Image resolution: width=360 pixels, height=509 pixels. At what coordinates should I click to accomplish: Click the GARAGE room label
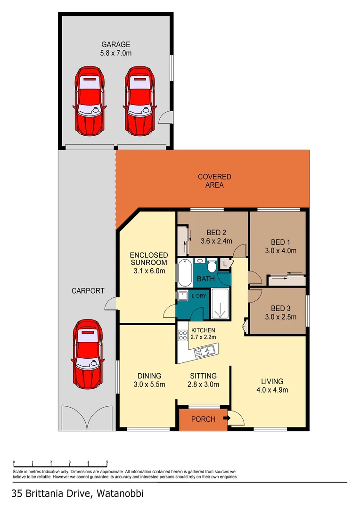point(115,44)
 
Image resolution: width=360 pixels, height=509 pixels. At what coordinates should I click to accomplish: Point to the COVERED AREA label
point(214,177)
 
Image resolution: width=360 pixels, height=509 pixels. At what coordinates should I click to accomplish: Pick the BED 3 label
point(278,307)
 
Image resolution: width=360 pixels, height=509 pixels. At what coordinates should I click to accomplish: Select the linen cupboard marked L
point(225,264)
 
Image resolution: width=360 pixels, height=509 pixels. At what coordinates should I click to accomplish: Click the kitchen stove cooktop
point(183,336)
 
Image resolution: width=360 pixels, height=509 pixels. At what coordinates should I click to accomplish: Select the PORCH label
point(203,419)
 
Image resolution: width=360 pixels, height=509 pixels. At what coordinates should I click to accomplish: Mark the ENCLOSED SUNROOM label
point(148,259)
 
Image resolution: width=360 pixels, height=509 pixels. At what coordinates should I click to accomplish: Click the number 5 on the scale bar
point(107,462)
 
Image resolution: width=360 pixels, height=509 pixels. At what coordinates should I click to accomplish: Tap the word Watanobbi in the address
point(120,494)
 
